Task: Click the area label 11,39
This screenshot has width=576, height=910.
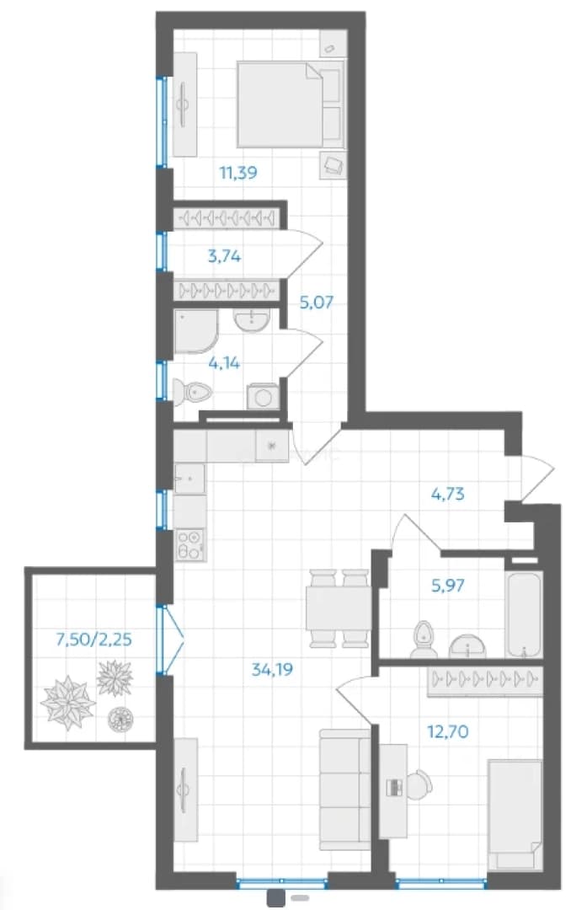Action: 237,173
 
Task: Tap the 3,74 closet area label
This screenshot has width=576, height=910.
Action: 225,255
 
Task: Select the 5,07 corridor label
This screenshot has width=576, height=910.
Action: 316,302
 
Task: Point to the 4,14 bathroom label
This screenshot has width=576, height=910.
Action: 223,363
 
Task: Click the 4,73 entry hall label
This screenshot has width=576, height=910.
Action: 448,495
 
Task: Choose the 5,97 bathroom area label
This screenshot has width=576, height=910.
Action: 448,585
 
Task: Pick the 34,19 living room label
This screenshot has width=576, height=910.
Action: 272,670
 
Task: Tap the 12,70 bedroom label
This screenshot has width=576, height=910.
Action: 448,732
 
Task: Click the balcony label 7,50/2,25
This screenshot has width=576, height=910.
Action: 93,640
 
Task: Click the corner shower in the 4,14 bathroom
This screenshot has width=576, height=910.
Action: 196,331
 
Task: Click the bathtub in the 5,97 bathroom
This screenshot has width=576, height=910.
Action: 524,614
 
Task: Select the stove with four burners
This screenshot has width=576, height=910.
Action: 189,544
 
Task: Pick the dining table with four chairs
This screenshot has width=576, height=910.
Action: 339,608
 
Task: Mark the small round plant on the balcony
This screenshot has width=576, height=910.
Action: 120,719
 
